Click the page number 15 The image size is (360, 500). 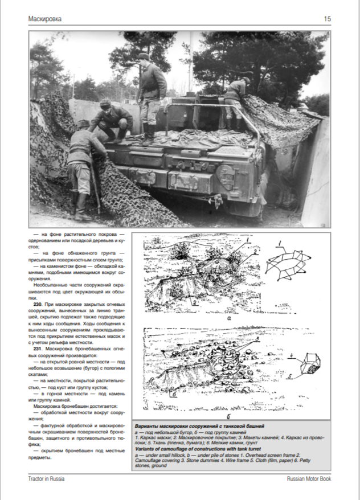coord(327,19)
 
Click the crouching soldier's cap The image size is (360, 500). coord(105,104)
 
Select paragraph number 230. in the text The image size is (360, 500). coord(34,306)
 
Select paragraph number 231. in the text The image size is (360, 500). coord(34,349)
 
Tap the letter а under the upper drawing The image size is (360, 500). coord(228,319)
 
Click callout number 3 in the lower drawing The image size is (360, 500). coord(257,339)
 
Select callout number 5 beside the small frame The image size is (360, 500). coord(291,376)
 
